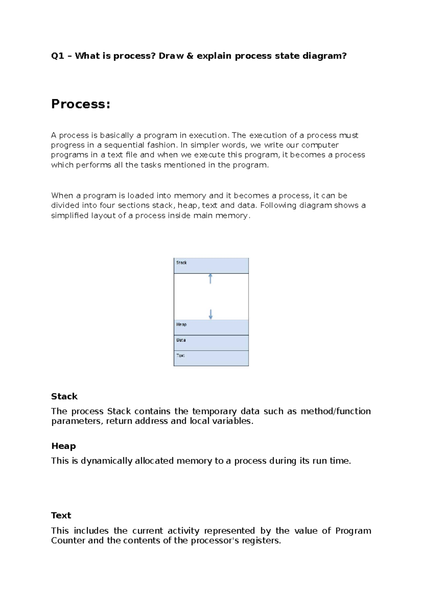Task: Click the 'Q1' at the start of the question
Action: (x=57, y=56)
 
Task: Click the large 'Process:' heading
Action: (x=81, y=104)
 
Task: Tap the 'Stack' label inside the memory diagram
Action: (x=181, y=263)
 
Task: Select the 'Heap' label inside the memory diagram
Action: (x=181, y=325)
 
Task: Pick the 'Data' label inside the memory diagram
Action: (x=181, y=340)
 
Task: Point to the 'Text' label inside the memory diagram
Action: (x=180, y=355)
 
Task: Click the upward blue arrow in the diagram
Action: (x=210, y=278)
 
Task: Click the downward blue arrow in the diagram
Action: (x=211, y=314)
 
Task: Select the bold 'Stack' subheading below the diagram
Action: (x=64, y=397)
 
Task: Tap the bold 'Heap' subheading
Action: (x=63, y=446)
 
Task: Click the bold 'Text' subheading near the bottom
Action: (x=61, y=515)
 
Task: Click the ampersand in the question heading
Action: (x=190, y=56)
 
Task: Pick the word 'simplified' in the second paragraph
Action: (x=70, y=216)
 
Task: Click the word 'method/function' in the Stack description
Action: (x=335, y=411)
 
